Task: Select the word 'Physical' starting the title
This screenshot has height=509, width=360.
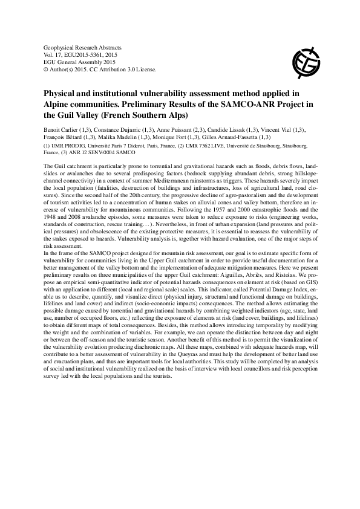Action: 61,94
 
